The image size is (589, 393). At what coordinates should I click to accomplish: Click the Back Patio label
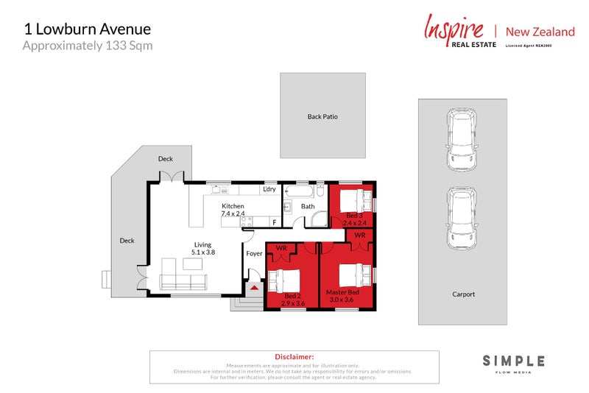point(322,116)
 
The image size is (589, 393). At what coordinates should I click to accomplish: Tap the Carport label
point(463,294)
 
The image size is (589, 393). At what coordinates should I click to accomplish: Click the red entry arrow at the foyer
point(255,288)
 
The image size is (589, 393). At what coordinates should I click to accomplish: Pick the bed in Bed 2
point(283,281)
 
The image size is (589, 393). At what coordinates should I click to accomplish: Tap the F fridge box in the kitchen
point(275,222)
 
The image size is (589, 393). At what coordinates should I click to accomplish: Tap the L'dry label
point(269,190)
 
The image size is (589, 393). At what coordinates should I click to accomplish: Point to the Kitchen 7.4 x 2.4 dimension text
point(233,210)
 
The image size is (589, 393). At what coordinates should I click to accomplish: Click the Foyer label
point(254,254)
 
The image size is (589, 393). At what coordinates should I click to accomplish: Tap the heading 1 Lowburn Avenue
point(87,29)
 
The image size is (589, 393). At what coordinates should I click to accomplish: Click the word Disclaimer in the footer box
point(294,356)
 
